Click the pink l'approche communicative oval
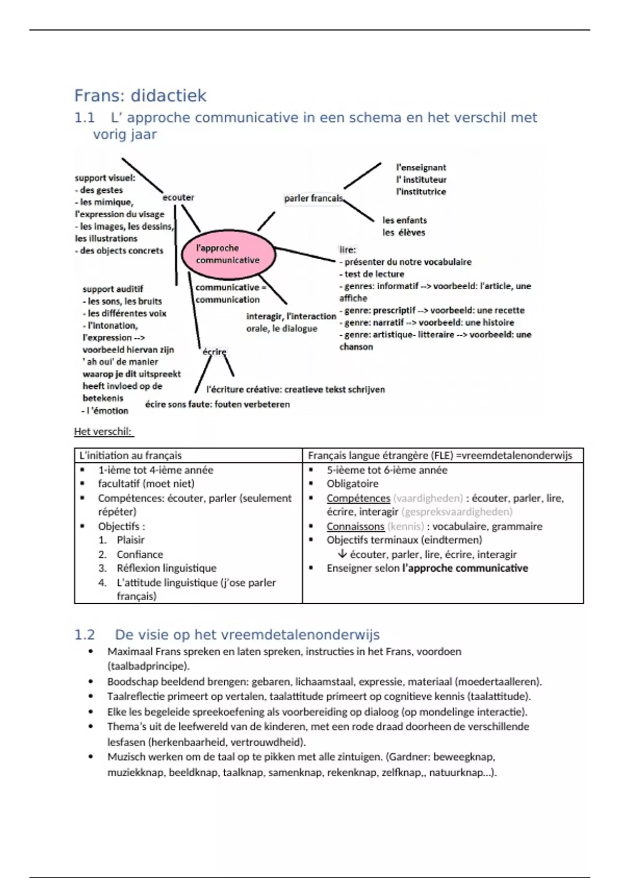pos(228,254)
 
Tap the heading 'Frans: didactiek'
pos(140,96)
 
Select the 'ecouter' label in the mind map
pos(178,197)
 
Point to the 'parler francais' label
pos(313,198)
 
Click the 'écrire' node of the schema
pos(214,352)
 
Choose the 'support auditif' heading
pos(113,289)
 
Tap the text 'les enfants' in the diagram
pos(405,220)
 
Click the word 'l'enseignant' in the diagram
pos(421,167)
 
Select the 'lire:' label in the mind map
pos(348,249)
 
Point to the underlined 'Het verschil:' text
pos(103,432)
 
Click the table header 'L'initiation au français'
pos(130,456)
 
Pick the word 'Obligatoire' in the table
pos(352,484)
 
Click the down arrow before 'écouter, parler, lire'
pos(342,554)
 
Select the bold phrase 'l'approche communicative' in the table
pos(465,568)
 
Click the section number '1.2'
pos(85,635)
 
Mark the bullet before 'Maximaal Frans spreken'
pos(91,652)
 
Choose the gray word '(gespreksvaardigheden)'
pos(457,512)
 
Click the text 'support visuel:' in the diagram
pos(105,178)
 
